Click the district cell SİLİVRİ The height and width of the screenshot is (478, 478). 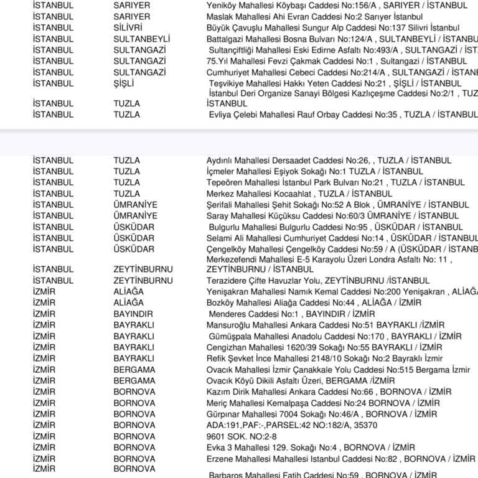128,28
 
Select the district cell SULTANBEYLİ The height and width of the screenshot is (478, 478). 141,39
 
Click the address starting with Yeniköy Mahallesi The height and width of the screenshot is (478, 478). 337,6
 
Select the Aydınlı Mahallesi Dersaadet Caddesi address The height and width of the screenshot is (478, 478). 329,161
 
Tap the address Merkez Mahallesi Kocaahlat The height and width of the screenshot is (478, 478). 299,194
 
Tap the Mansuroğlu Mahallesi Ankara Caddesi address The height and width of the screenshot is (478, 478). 326,326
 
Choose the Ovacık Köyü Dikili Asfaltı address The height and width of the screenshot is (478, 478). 301,381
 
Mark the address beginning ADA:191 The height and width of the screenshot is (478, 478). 291,426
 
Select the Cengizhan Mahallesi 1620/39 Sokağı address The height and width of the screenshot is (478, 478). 324,347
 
